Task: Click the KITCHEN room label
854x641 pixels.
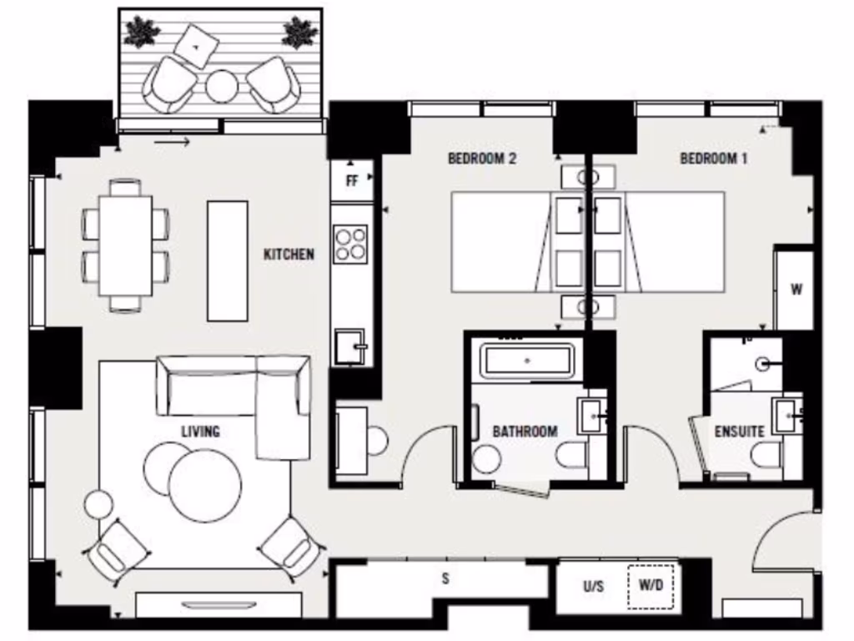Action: pos(289,255)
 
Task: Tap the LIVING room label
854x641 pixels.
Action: pos(200,432)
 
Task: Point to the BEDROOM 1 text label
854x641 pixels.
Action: pos(713,159)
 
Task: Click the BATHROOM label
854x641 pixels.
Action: pos(525,432)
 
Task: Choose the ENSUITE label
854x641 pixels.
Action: pos(739,432)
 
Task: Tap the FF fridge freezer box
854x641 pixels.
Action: pos(351,180)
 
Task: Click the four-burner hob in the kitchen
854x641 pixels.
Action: pos(350,243)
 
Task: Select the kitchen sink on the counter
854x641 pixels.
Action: pos(351,346)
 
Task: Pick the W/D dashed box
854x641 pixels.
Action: pos(651,587)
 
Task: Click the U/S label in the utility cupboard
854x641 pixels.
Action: pos(593,587)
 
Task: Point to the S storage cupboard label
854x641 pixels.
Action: pos(445,578)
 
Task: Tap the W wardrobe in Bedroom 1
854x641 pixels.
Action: pos(796,290)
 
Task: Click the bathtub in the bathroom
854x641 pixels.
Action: pos(526,361)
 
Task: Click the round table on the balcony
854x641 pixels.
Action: pos(223,86)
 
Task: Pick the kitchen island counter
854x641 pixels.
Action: pos(227,260)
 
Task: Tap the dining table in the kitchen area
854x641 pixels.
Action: pos(125,245)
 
